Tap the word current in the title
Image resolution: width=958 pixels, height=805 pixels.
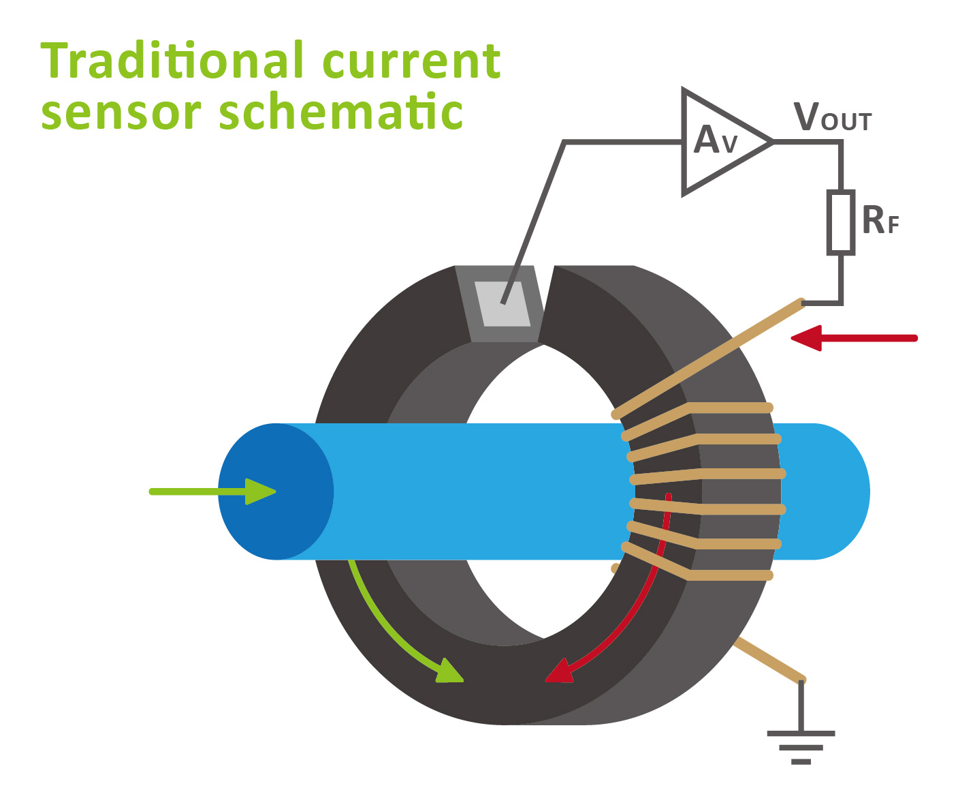pyautogui.click(x=411, y=63)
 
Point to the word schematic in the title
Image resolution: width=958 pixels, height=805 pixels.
pyautogui.click(x=340, y=112)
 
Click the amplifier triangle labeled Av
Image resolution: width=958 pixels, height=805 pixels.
pyautogui.click(x=718, y=142)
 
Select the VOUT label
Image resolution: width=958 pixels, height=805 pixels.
pyautogui.click(x=832, y=119)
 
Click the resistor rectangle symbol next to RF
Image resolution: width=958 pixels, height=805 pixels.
pyautogui.click(x=841, y=223)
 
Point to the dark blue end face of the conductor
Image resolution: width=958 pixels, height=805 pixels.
pyautogui.click(x=276, y=491)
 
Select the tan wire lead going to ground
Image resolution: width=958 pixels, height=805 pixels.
pyautogui.click(x=769, y=660)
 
